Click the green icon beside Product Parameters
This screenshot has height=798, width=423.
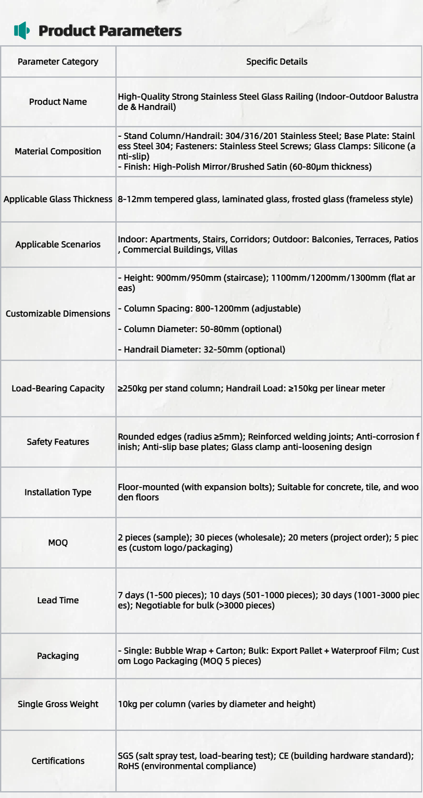point(22,30)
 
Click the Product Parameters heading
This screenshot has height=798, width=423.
point(110,31)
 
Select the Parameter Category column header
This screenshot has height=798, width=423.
point(58,62)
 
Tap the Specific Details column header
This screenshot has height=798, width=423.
point(276,62)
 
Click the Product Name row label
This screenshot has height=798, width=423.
point(58,102)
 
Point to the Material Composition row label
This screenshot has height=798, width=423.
point(58,151)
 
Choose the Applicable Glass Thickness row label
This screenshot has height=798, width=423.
point(58,199)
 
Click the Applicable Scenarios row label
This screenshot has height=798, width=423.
point(58,244)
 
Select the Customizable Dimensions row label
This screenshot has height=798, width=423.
point(58,314)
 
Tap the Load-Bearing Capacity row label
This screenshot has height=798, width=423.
point(58,388)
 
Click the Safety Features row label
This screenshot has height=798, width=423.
point(58,442)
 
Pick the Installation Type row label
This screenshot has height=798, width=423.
point(58,492)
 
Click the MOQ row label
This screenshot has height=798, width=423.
point(58,543)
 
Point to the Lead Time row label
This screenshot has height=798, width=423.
point(58,600)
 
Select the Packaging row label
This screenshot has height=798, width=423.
point(58,656)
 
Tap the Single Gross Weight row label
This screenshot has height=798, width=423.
point(58,704)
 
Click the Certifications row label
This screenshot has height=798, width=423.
point(58,761)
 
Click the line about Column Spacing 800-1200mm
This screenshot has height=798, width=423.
point(209,308)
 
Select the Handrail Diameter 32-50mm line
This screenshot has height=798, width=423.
point(202,349)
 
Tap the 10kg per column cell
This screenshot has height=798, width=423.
point(217,704)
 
